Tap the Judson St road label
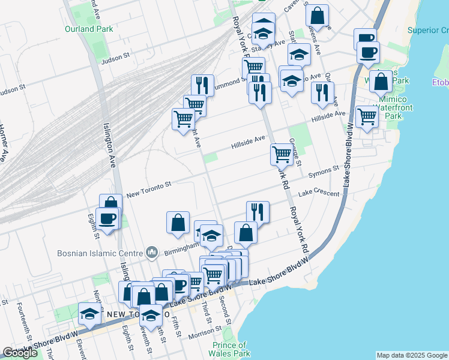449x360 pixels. [116, 57]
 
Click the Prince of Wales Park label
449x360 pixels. [229, 349]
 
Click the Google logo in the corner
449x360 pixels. [20, 353]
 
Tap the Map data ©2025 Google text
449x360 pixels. [411, 355]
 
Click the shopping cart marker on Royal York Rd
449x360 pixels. [282, 154]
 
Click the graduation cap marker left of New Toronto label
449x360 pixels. [89, 313]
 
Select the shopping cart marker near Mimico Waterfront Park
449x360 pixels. [367, 116]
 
